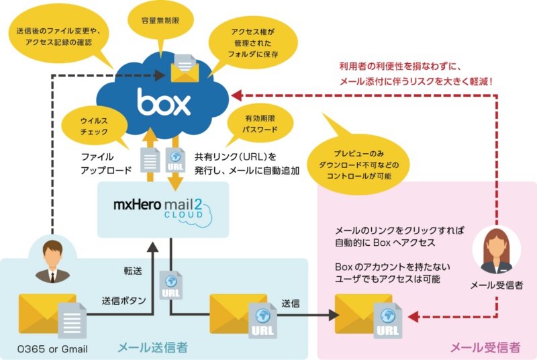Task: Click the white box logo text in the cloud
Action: (164, 103)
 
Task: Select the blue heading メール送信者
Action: (152, 347)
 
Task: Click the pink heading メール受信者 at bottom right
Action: (483, 347)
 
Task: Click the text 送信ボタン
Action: (124, 300)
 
